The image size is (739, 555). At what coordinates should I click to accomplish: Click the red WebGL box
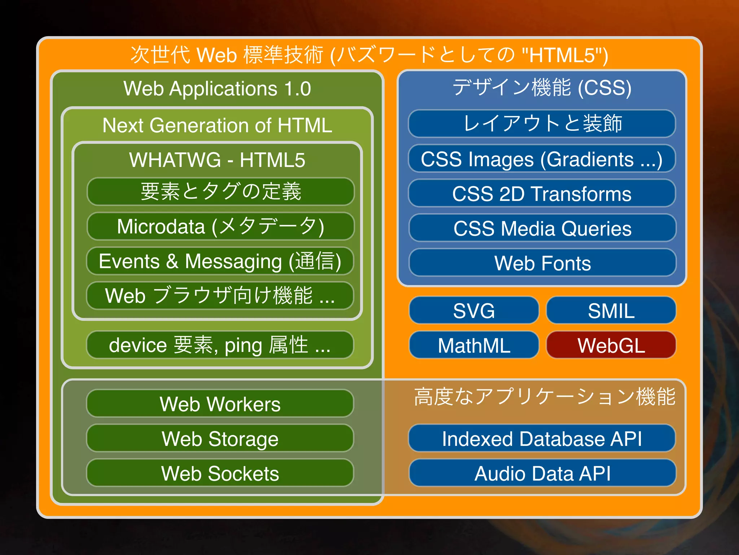click(611, 345)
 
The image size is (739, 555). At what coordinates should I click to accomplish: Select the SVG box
click(474, 310)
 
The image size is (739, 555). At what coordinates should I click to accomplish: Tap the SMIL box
click(611, 310)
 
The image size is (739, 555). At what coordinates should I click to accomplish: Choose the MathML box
click(474, 345)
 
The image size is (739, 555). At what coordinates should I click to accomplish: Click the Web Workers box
click(220, 403)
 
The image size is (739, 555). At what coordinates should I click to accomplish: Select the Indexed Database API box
click(542, 438)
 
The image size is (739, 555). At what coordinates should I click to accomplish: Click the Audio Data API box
click(542, 473)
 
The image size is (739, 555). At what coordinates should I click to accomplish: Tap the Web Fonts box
click(542, 263)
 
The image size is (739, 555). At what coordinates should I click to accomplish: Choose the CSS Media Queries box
click(542, 228)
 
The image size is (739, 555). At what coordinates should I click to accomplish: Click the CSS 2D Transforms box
click(542, 193)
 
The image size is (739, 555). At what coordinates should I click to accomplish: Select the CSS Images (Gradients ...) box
click(542, 159)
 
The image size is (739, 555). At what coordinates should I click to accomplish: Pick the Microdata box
click(220, 226)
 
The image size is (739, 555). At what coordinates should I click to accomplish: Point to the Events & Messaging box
click(220, 261)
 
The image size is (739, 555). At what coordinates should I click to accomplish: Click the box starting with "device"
click(220, 345)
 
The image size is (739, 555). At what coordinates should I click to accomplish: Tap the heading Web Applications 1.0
click(217, 89)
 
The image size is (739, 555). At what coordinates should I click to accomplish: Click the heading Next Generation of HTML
click(217, 125)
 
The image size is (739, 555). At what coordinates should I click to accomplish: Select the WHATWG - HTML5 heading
click(217, 160)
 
